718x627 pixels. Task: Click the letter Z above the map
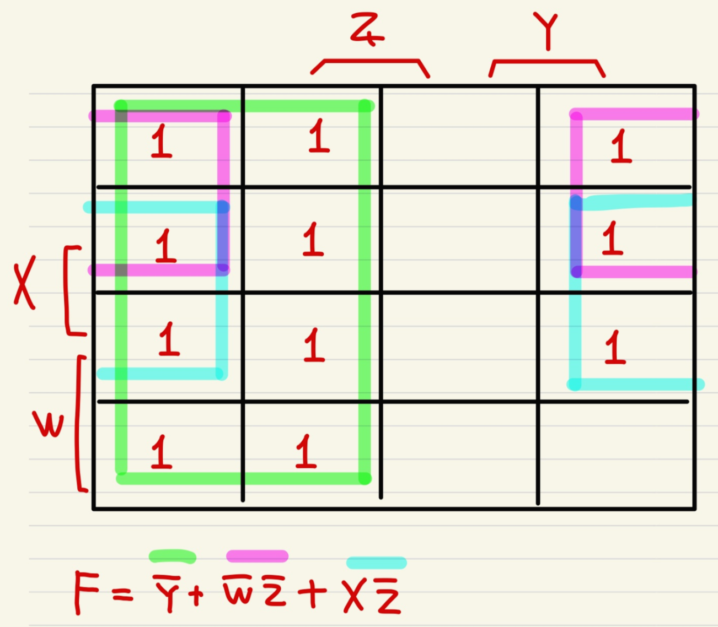[x=366, y=30]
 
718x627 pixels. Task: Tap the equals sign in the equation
[x=122, y=594]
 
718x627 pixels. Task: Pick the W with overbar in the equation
[x=240, y=591]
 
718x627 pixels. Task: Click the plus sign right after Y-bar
[x=196, y=594]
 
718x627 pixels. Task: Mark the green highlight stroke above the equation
[x=172, y=556]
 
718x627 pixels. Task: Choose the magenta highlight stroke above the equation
[x=257, y=556]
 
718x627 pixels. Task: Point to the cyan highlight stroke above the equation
[x=377, y=563]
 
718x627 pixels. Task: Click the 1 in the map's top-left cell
[x=161, y=141]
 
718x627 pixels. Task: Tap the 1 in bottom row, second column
[x=306, y=451]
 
